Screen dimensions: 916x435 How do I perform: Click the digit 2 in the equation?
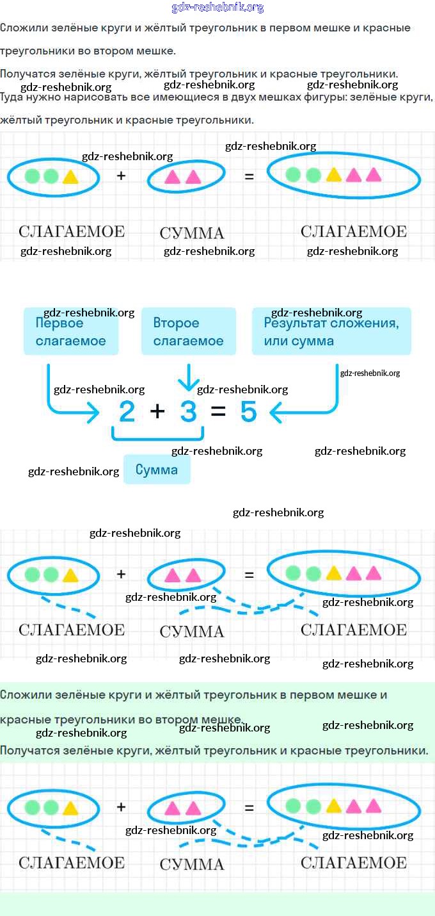(127, 412)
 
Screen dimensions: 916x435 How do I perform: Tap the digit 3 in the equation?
(188, 412)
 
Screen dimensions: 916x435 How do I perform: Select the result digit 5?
(248, 412)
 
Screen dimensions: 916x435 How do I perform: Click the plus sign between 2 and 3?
(157, 412)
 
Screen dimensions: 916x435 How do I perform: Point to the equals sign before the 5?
(218, 412)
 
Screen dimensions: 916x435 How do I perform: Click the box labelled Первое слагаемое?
(72, 331)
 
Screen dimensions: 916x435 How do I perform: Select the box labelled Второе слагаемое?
(188, 331)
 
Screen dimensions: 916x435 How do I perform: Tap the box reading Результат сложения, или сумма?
(331, 331)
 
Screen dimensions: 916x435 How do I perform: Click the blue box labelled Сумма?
(157, 470)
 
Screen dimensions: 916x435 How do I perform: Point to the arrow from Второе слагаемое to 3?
(188, 378)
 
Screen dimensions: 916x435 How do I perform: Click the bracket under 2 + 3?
(157, 436)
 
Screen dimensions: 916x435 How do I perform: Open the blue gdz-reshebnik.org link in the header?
(217, 8)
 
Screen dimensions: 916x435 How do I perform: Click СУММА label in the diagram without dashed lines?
(192, 233)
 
